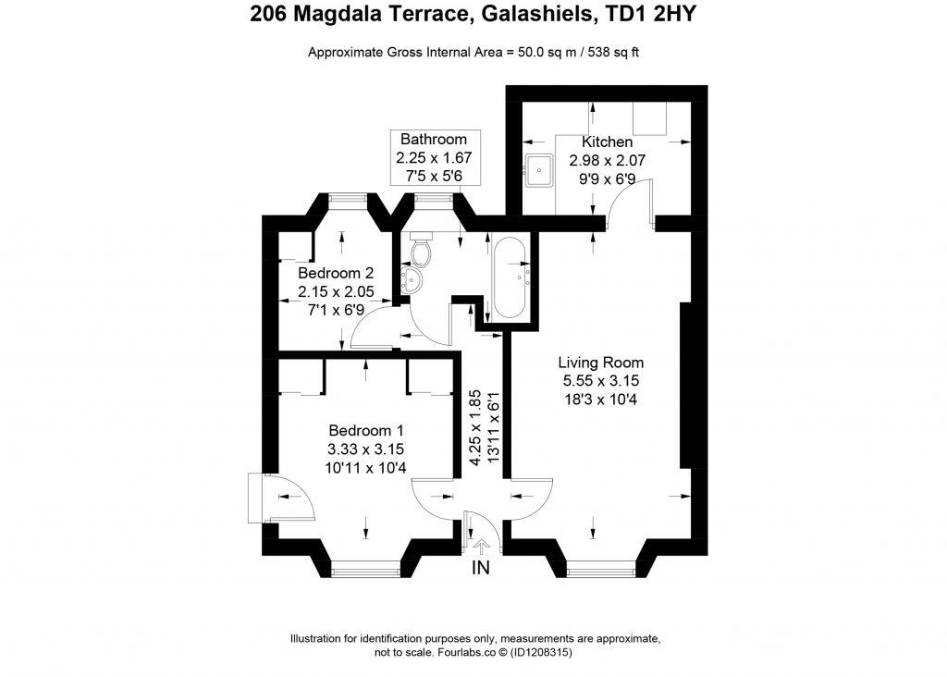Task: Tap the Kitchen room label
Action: tap(607, 142)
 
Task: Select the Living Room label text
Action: tap(601, 362)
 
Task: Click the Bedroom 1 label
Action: tap(366, 431)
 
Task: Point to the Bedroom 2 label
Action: tap(336, 274)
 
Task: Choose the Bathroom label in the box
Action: tap(433, 140)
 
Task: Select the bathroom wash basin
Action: tap(412, 279)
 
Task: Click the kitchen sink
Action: tap(538, 170)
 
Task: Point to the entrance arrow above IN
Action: tap(480, 547)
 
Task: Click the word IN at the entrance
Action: tap(481, 568)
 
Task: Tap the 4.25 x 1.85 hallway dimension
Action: tap(474, 426)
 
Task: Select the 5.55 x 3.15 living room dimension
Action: tap(601, 380)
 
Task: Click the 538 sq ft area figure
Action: tap(616, 52)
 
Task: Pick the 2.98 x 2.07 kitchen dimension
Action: tap(607, 160)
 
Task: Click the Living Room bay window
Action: tap(601, 570)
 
